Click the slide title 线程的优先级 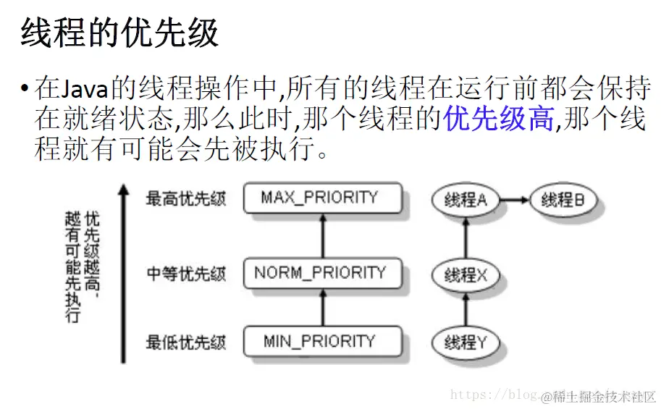click(119, 33)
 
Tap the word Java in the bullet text click(83, 89)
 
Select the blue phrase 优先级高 click(499, 119)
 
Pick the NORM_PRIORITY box click(320, 273)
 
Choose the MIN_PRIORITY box click(320, 342)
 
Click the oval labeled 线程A click(466, 200)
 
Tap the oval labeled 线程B click(563, 200)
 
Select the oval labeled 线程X click(466, 274)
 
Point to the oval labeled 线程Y click(466, 342)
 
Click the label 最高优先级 click(186, 198)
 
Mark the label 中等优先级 click(186, 274)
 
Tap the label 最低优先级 click(186, 342)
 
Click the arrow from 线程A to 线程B click(515, 200)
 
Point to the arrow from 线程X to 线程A click(466, 237)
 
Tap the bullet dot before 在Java click(25, 90)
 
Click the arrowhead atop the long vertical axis click(124, 190)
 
